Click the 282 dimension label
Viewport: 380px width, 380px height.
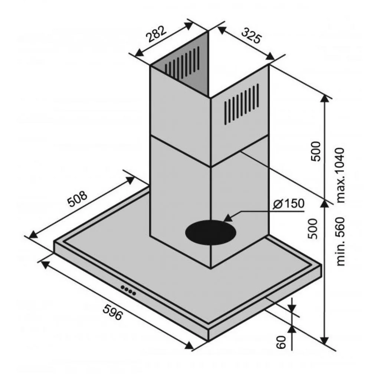(x=157, y=34)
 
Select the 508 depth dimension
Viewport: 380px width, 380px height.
(x=77, y=199)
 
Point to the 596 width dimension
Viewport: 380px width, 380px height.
(x=113, y=312)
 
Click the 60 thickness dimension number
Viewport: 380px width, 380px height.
(x=281, y=342)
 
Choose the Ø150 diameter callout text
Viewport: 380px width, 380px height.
(x=288, y=204)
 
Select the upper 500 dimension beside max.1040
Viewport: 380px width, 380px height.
(x=315, y=151)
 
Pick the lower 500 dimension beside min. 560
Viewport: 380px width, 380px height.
(x=312, y=229)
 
